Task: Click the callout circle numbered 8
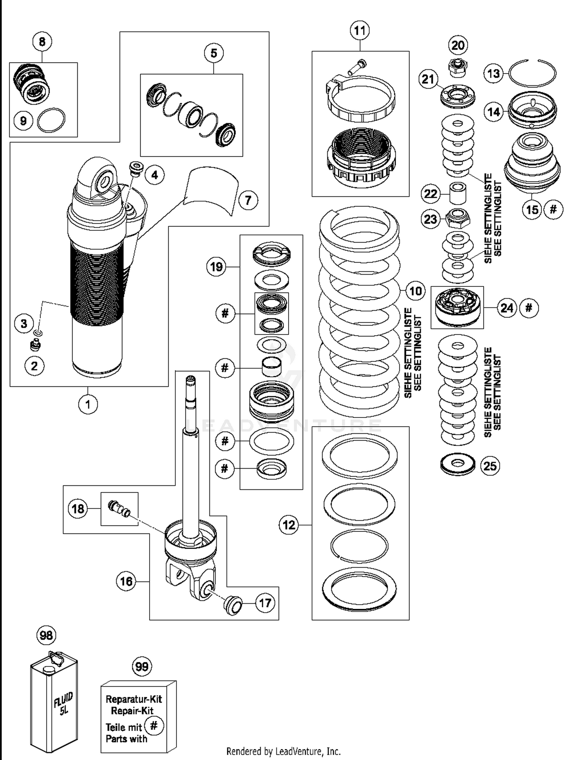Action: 42,41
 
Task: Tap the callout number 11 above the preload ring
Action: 360,30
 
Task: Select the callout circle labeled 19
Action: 216,267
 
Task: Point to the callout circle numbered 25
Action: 490,465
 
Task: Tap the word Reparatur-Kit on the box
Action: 134,699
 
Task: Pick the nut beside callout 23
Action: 457,218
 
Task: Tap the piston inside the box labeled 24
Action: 457,307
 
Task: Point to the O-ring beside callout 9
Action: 51,120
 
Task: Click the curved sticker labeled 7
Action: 211,191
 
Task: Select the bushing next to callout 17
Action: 233,605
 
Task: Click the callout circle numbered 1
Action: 88,404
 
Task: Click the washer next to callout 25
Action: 458,464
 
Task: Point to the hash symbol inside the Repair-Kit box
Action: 154,726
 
